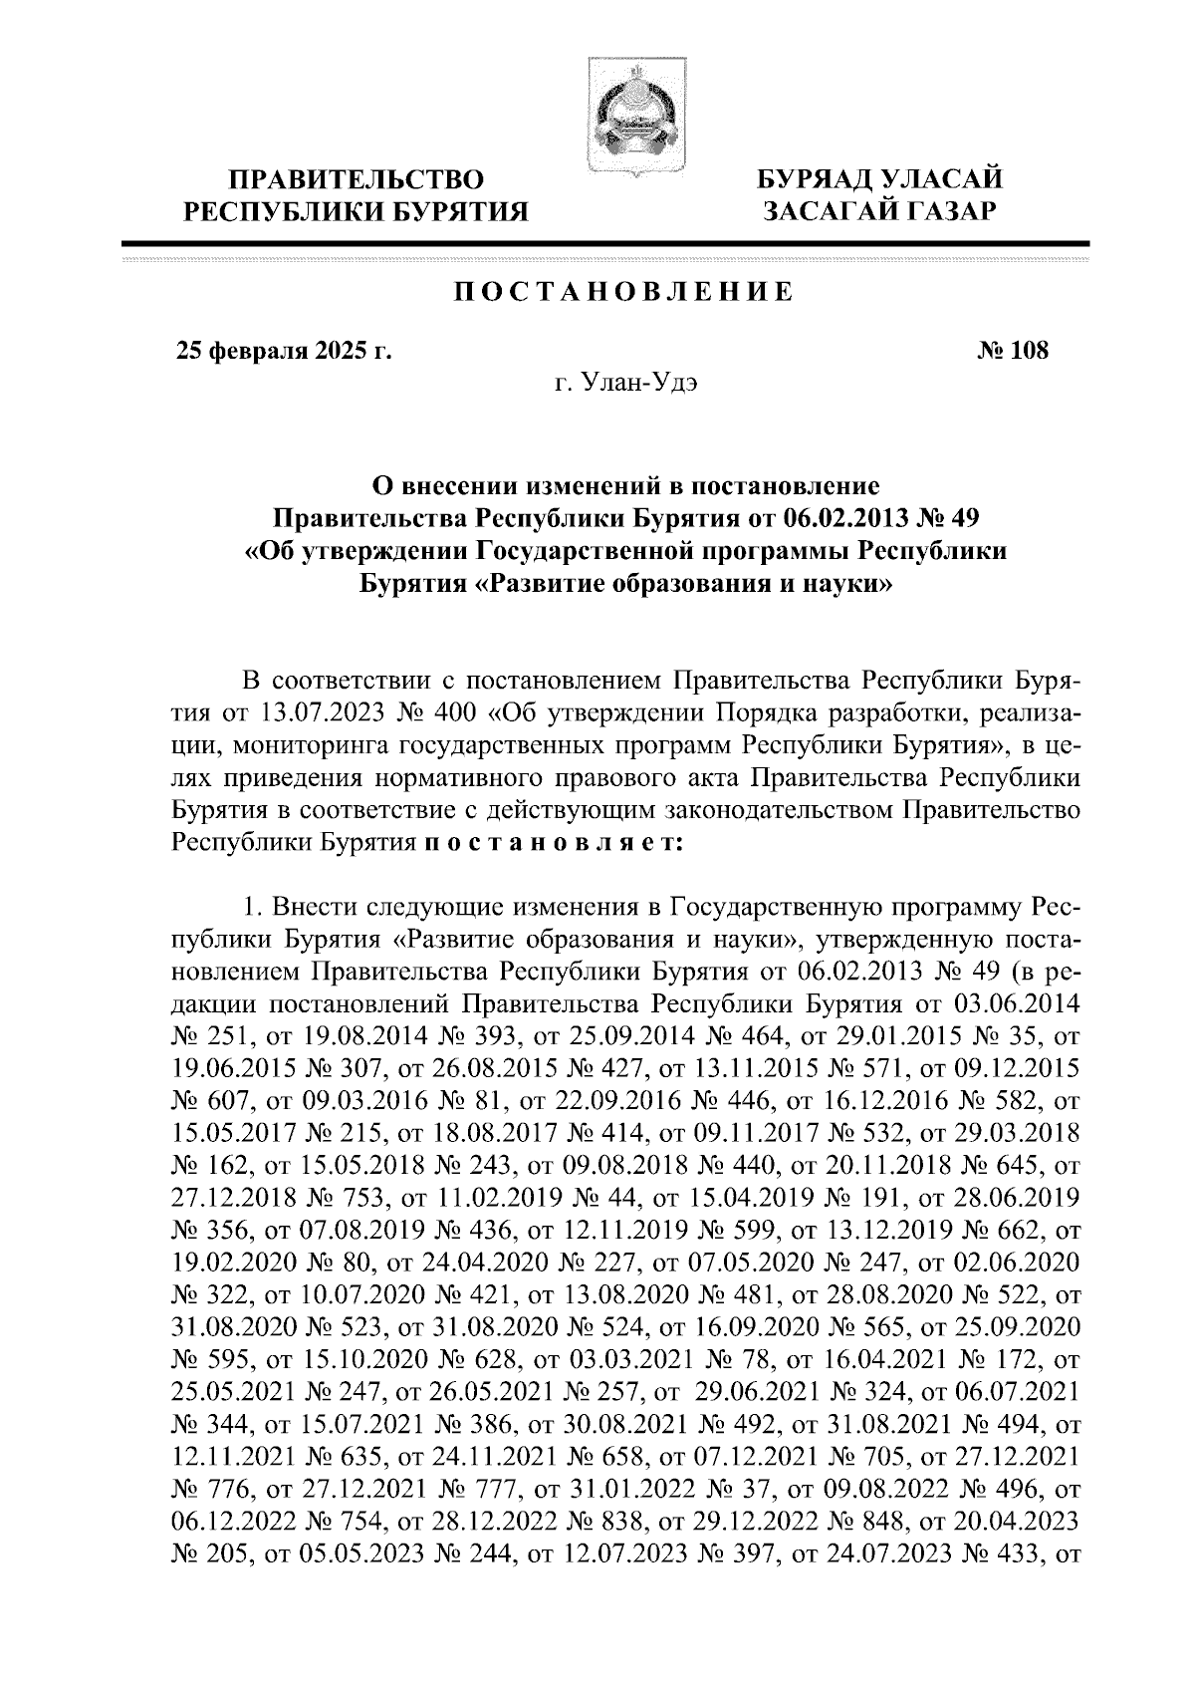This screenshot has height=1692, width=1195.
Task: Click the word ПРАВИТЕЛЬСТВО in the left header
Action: pos(358,180)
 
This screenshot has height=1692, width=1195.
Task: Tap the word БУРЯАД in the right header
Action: pos(816,179)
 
